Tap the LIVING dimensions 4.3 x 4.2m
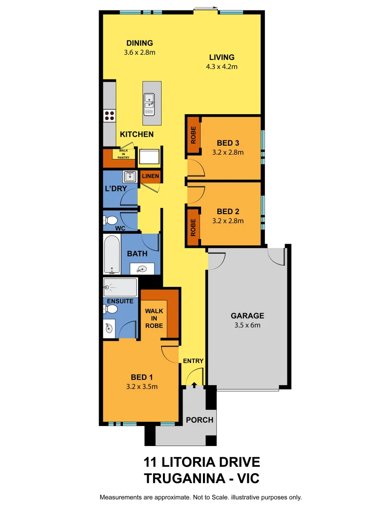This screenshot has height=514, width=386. tap(222, 67)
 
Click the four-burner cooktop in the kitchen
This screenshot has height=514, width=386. tap(110, 115)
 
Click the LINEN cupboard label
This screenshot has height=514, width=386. tap(150, 176)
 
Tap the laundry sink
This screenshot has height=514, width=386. tap(129, 178)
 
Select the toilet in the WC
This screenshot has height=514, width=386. tap(111, 220)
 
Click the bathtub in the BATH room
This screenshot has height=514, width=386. tap(112, 255)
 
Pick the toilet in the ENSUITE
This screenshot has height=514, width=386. tap(111, 309)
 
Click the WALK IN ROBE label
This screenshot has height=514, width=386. tap(154, 318)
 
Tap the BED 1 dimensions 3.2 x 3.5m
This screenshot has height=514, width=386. tap(142, 386)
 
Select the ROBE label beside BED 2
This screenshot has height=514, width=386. tap(193, 228)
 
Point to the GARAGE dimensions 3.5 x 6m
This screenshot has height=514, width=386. tap(247, 326)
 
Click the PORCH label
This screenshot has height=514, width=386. tap(200, 420)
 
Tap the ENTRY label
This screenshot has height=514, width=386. tap(193, 361)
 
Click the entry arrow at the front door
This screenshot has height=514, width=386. tap(194, 384)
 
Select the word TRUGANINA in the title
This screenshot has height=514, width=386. tap(179, 477)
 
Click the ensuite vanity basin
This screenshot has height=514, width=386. tap(109, 327)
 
